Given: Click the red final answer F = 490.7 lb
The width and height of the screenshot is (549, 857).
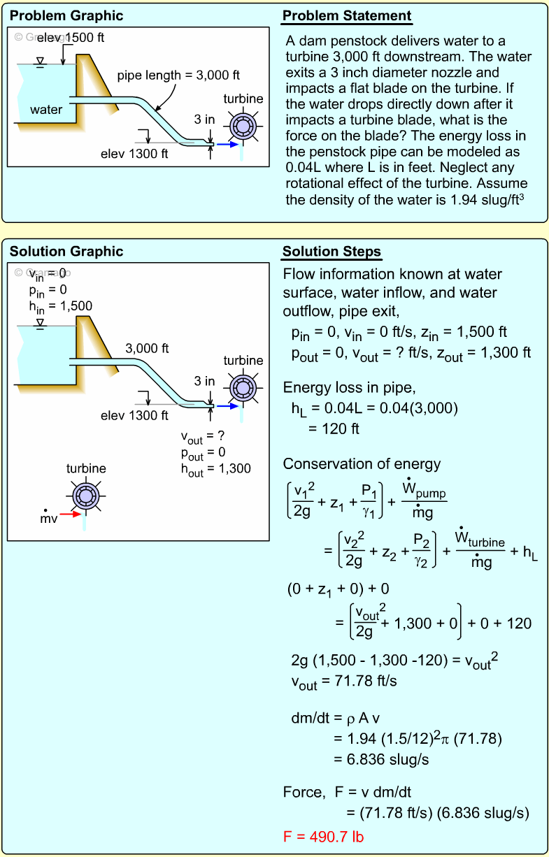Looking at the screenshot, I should click(323, 836).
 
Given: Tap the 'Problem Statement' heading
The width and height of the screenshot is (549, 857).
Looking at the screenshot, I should click(347, 16).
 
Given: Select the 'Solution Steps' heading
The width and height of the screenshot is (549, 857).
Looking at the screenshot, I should click(331, 252).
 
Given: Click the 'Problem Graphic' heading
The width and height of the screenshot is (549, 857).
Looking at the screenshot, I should click(66, 16).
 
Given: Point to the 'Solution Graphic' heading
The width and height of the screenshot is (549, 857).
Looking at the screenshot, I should click(66, 252).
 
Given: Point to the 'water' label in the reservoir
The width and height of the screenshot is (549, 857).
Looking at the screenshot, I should click(46, 109).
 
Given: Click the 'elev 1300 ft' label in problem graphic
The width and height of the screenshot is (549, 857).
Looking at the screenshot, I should click(134, 154).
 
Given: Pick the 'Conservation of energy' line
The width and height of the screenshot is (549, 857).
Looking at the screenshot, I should click(362, 464).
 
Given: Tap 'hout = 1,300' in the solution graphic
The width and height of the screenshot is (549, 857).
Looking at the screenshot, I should click(215, 469).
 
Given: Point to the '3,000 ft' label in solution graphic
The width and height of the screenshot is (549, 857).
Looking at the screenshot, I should click(147, 347).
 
